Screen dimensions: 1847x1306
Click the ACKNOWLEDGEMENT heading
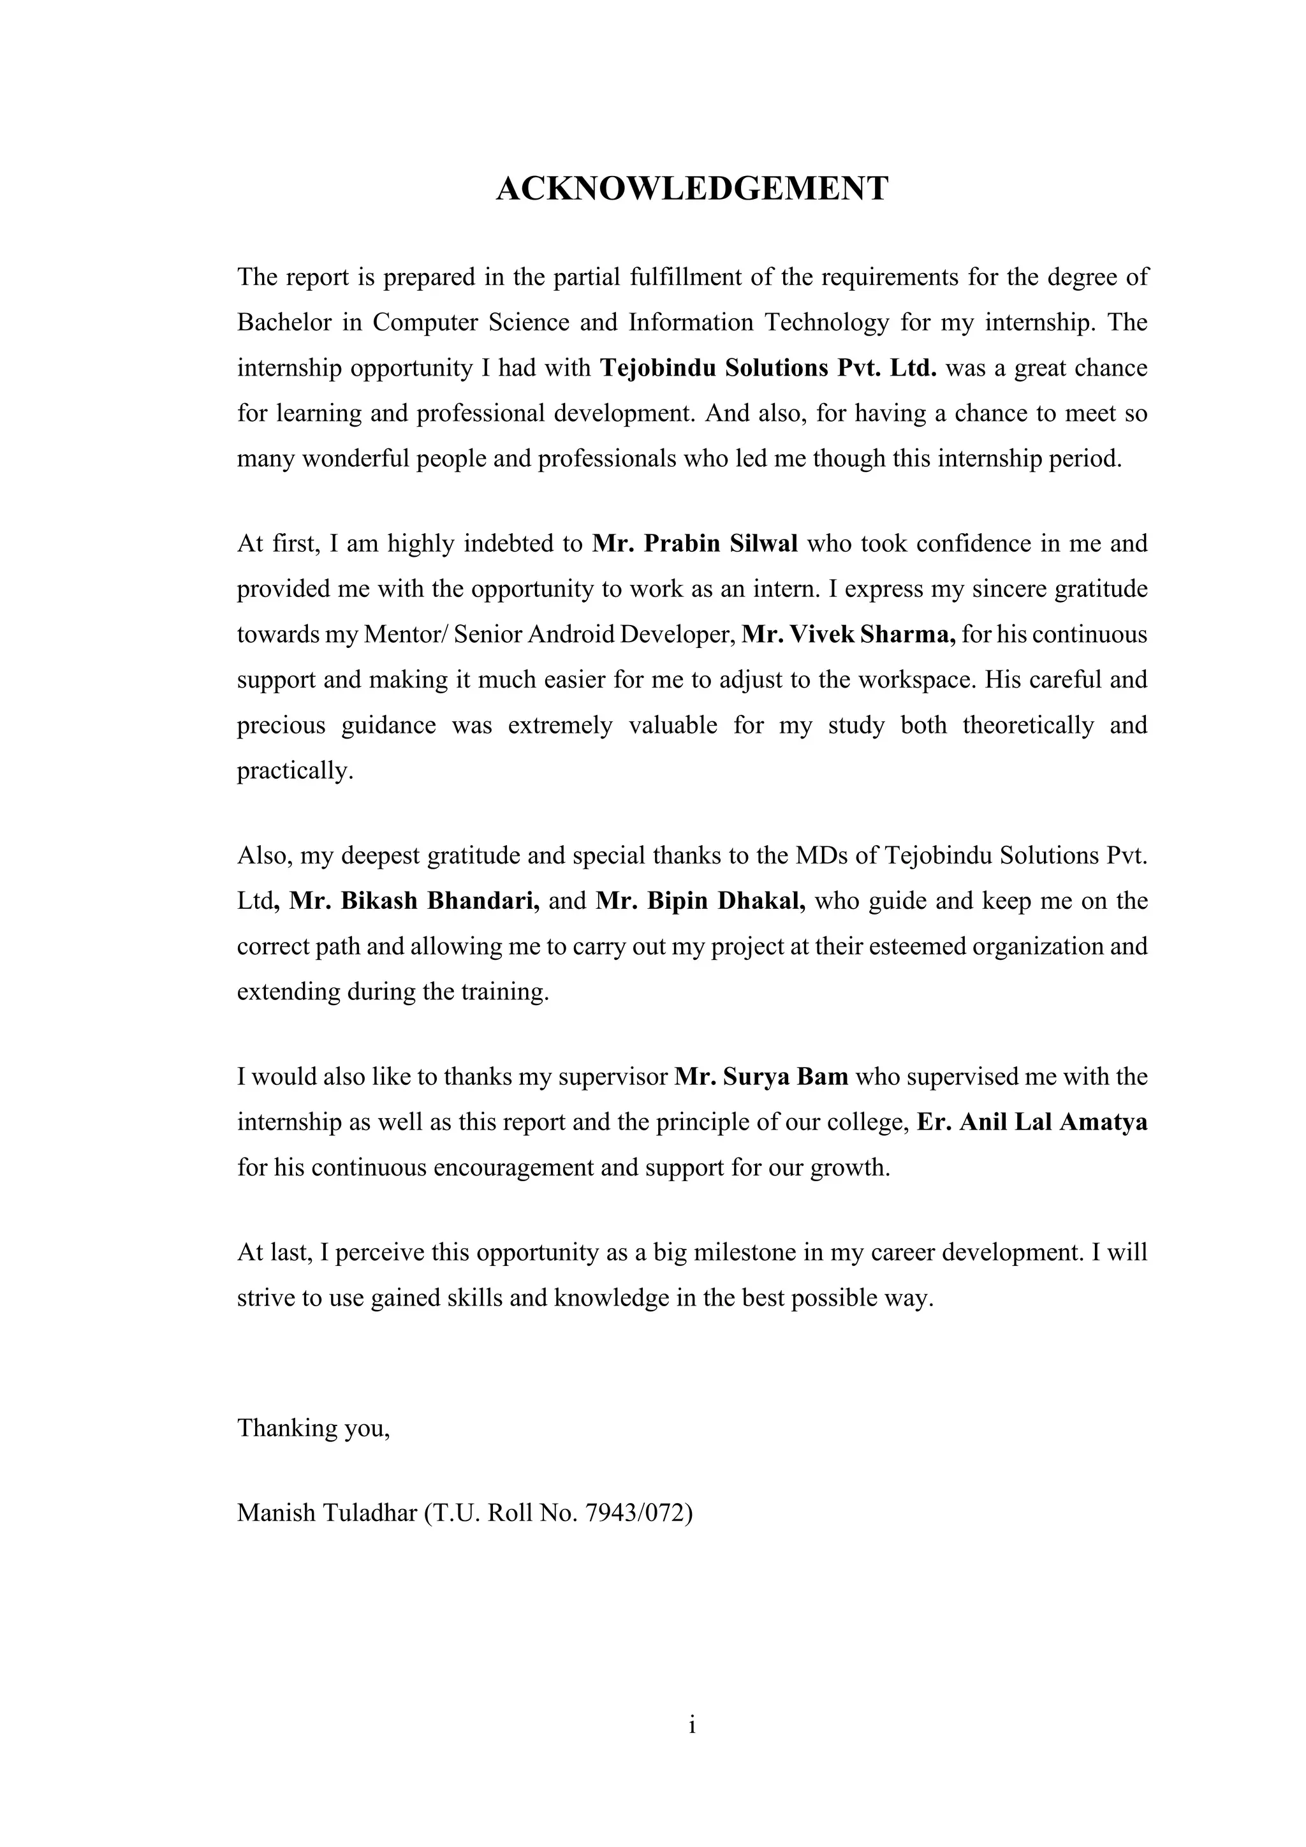(692, 189)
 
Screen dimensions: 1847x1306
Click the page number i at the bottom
(692, 1725)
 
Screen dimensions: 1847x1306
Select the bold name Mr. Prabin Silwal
(695, 544)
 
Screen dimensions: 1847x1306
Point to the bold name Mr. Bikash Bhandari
(414, 901)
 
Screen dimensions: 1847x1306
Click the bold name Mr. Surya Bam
(761, 1077)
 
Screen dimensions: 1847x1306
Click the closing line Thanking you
(314, 1427)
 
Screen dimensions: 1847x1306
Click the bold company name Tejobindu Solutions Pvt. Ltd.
(769, 369)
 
